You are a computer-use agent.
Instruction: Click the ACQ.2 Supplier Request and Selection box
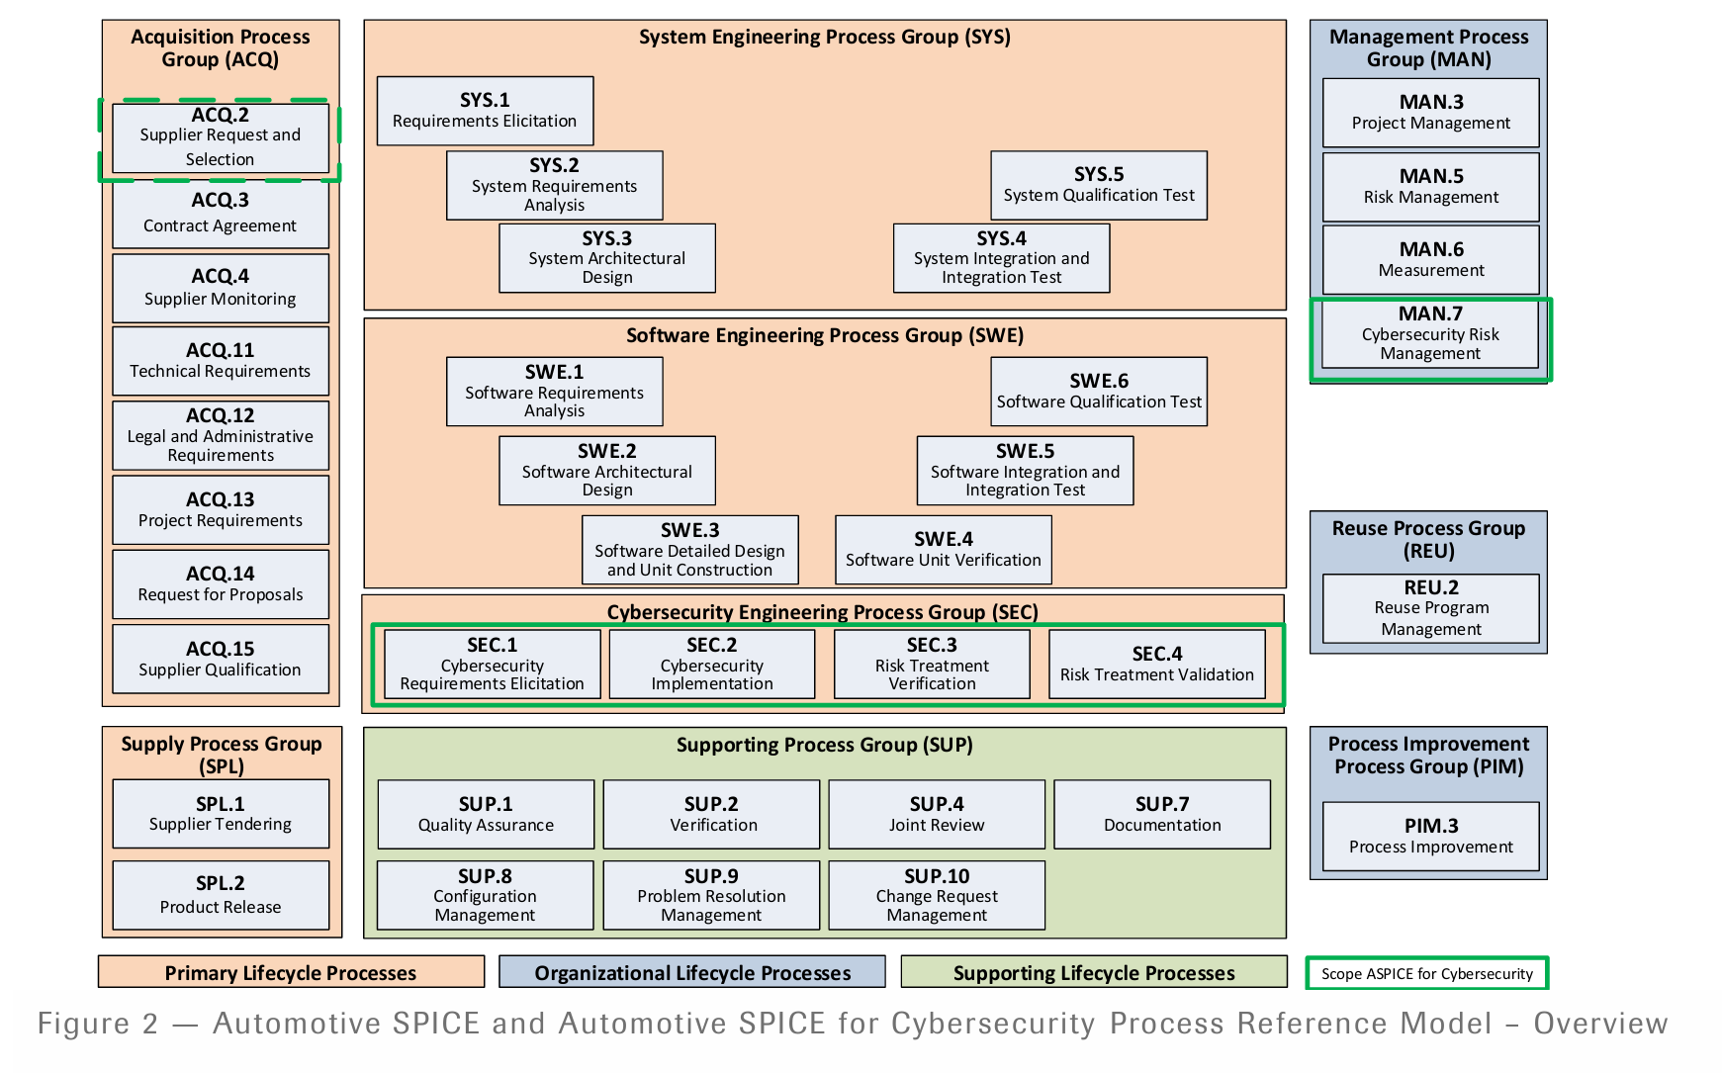(220, 138)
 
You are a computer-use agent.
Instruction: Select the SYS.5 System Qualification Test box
(1098, 185)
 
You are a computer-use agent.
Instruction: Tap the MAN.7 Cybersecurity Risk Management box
(1429, 334)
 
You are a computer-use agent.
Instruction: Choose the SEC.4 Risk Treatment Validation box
(1156, 665)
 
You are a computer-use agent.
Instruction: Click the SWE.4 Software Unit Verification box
(943, 550)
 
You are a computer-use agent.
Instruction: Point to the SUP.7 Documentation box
(1161, 814)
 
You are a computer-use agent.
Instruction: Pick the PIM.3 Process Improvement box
(1430, 836)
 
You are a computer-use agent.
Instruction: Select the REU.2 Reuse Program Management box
(1430, 608)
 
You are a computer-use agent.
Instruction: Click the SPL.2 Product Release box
(220, 895)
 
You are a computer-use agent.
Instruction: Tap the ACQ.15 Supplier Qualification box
(220, 659)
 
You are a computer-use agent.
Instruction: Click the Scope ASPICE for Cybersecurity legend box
(1426, 973)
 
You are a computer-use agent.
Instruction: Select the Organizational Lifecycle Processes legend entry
(691, 972)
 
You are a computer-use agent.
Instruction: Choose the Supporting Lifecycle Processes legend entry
(1093, 972)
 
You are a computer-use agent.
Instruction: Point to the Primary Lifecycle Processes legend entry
(290, 972)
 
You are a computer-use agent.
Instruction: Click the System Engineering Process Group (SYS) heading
(824, 38)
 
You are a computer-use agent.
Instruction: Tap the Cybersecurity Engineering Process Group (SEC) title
(822, 612)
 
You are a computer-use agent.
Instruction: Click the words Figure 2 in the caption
(97, 1024)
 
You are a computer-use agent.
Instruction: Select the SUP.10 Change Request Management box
(936, 895)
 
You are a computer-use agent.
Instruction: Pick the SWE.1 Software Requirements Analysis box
(554, 392)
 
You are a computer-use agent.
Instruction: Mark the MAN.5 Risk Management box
(1430, 187)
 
